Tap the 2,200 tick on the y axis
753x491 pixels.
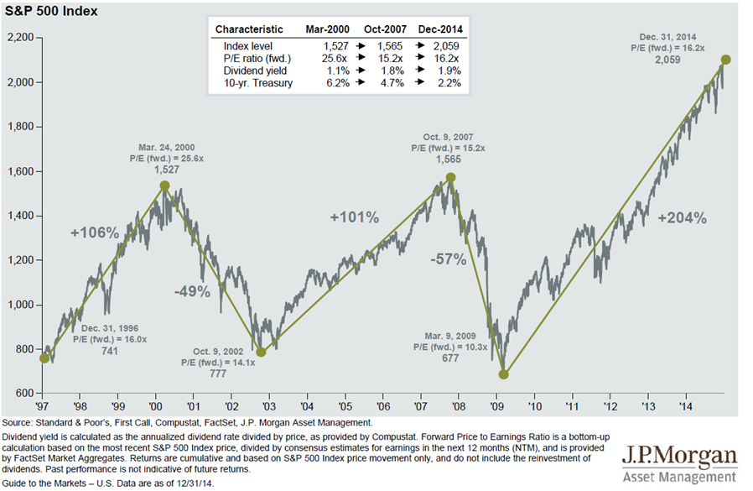coord(21,38)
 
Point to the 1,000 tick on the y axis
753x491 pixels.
coord(21,305)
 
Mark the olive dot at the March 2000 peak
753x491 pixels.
coord(164,185)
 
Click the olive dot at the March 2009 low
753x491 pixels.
coord(504,374)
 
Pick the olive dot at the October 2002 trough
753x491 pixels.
coord(261,353)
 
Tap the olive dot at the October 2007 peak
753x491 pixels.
coord(451,177)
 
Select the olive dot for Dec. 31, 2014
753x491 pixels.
coord(726,60)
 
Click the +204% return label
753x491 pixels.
coord(682,218)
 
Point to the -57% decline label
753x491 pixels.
coord(449,259)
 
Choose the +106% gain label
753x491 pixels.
coord(95,232)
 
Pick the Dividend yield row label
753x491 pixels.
coord(249,71)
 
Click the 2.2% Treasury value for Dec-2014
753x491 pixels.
coord(444,84)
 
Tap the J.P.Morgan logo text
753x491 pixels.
coord(680,458)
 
